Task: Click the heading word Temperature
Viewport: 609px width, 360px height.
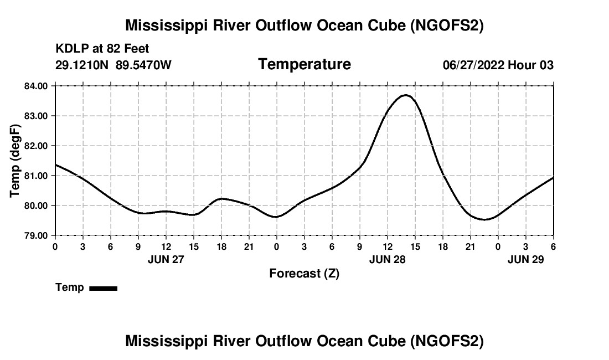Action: [304, 64]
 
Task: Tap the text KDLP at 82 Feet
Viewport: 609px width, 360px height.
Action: [102, 49]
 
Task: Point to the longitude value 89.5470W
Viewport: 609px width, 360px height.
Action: [144, 65]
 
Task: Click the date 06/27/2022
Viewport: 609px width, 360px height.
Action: [473, 65]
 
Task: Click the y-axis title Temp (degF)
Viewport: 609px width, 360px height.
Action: [16, 161]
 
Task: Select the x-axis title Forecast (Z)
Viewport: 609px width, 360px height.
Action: [304, 273]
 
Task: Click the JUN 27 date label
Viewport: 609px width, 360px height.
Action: [166, 259]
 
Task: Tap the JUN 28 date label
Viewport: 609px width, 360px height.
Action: [387, 259]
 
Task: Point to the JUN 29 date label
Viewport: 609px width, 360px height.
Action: [525, 259]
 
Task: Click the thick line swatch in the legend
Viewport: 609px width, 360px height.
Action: [103, 288]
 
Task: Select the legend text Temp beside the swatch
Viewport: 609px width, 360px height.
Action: [70, 287]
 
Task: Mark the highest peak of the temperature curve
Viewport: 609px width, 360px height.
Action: [406, 95]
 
